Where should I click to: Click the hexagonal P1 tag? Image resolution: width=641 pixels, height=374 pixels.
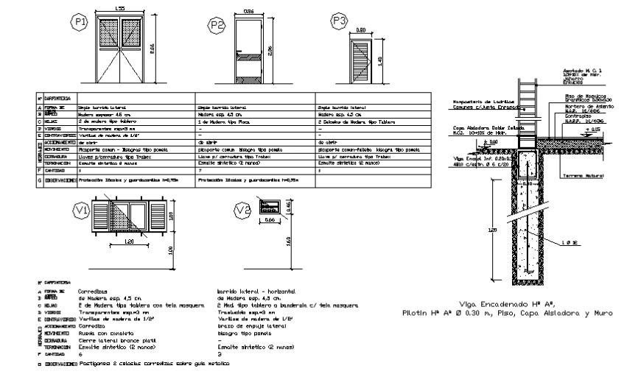(x=80, y=25)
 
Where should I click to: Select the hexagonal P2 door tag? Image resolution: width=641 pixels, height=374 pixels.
(x=216, y=26)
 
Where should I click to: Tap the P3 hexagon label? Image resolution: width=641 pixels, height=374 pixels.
(x=339, y=21)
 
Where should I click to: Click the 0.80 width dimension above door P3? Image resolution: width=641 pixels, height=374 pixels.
(x=361, y=30)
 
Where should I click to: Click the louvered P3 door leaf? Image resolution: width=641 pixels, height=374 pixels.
(x=360, y=61)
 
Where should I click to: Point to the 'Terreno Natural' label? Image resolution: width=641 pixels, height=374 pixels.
(x=583, y=176)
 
